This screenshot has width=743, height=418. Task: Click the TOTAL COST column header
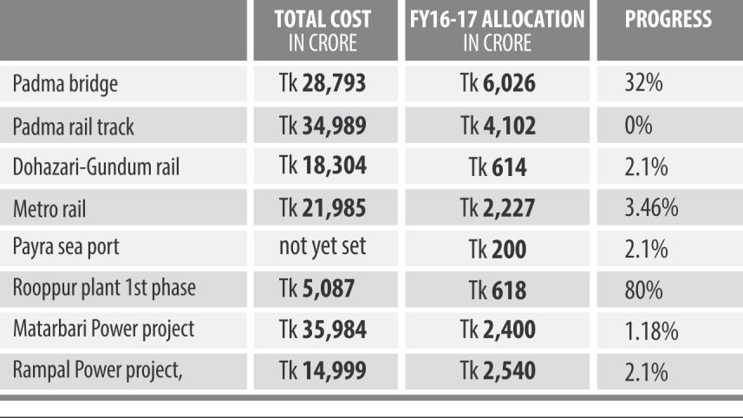pyautogui.click(x=323, y=29)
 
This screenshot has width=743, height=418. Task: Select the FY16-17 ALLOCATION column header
pyautogui.click(x=497, y=29)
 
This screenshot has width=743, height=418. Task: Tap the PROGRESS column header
pyautogui.click(x=668, y=19)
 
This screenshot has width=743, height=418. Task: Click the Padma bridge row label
pyautogui.click(x=65, y=84)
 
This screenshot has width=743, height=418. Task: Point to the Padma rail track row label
pyautogui.click(x=74, y=126)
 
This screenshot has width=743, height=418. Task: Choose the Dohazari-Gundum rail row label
pyautogui.click(x=96, y=167)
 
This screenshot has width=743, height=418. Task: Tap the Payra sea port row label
pyautogui.click(x=66, y=247)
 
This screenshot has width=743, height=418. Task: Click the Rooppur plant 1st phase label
pyautogui.click(x=104, y=289)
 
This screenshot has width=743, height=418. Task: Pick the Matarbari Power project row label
pyautogui.click(x=103, y=330)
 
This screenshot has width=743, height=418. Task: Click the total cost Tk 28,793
pyautogui.click(x=323, y=84)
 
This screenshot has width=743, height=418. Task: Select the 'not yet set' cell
pyautogui.click(x=323, y=247)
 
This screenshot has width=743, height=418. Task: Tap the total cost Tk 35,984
pyautogui.click(x=323, y=330)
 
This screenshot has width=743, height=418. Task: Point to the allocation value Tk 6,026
pyautogui.click(x=497, y=84)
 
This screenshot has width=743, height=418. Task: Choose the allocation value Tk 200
pyautogui.click(x=497, y=249)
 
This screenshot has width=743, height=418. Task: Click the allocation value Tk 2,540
pyautogui.click(x=497, y=371)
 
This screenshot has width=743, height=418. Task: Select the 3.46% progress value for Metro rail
pyautogui.click(x=651, y=208)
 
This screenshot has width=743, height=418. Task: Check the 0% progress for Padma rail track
pyautogui.click(x=638, y=126)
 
